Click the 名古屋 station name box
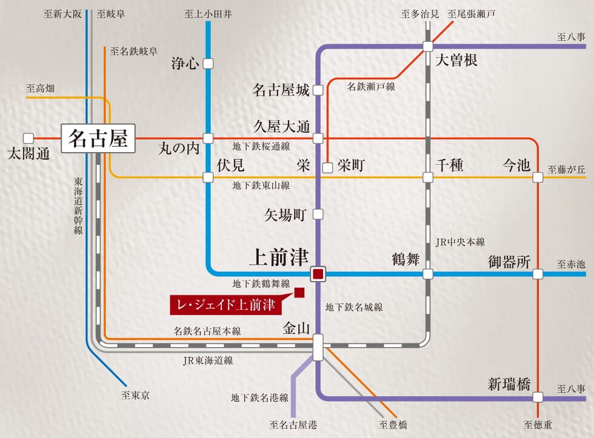pos(98,139)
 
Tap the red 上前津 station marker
pos(318,274)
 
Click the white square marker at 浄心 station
pos(208,63)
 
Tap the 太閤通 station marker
pos(28,138)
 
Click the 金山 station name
pos(296,328)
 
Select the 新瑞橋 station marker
pos(538,398)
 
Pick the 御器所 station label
pos(509,262)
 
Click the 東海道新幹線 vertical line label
pos(78,206)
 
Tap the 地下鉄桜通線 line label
pos(261,147)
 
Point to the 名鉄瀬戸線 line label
pos(370,87)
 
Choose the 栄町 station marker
pos(327,168)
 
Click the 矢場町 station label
pos(287,214)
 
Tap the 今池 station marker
pos(538,178)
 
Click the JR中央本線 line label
pos(461,242)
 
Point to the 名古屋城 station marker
pos(318,91)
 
